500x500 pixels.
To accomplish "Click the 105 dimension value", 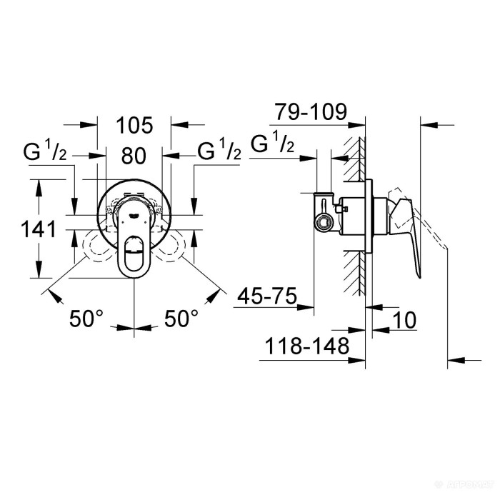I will [135, 126].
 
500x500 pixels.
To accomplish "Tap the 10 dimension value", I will [404, 320].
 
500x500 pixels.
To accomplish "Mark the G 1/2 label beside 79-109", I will [272, 144].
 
